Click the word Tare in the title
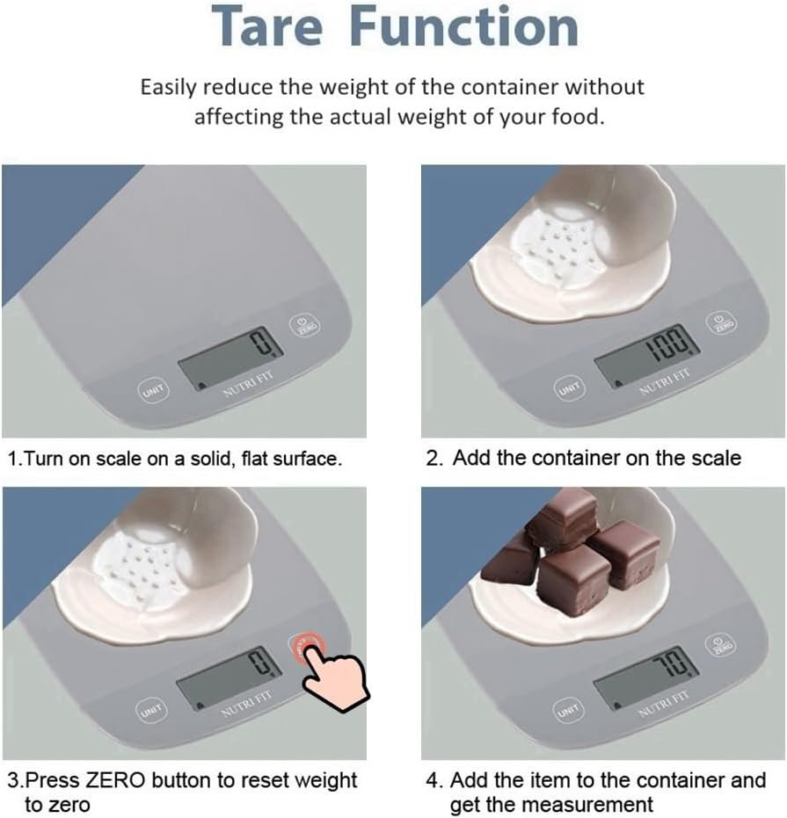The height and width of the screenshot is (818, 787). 267,26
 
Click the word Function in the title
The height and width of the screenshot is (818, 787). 464,26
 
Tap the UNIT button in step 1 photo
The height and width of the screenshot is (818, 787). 153,390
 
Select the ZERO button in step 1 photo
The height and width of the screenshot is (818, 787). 304,325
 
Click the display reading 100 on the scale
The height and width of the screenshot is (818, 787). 647,355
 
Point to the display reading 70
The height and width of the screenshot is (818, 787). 646,677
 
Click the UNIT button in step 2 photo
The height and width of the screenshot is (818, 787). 569,388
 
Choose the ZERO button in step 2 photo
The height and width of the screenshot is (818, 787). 721,323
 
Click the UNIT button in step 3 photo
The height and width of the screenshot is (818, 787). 151,710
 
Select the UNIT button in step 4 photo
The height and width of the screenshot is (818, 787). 568,710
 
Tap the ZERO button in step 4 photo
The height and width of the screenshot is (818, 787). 721,646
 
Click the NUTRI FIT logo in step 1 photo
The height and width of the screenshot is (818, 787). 249,385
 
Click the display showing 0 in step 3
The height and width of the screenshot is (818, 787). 229,678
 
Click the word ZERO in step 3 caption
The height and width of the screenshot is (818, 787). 115,781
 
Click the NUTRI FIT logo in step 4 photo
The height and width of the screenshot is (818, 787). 664,705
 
